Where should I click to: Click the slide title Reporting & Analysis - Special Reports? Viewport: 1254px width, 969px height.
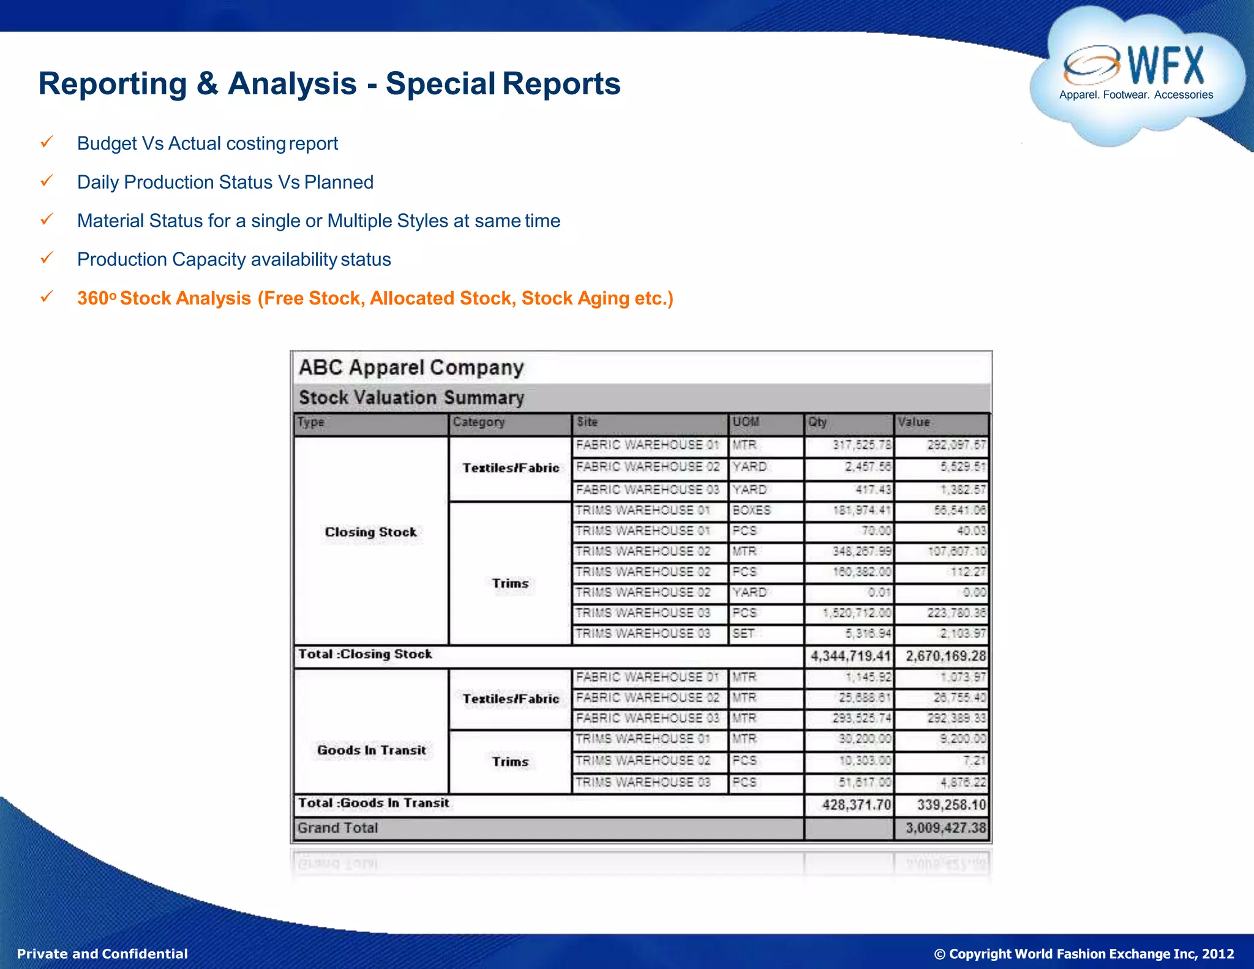(x=329, y=83)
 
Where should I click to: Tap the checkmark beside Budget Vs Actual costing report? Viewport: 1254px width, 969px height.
(x=47, y=143)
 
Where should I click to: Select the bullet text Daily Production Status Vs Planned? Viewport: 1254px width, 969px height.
(x=225, y=182)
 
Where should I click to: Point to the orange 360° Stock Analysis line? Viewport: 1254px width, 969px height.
(x=375, y=298)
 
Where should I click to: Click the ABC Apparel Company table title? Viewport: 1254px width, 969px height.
(x=411, y=368)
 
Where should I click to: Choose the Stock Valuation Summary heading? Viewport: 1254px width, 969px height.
(x=411, y=398)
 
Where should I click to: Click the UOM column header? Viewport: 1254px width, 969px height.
(x=746, y=422)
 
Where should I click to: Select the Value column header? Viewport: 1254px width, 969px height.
(x=914, y=422)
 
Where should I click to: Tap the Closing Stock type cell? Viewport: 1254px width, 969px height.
(x=370, y=532)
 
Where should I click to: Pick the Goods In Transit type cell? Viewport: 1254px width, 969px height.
(x=371, y=750)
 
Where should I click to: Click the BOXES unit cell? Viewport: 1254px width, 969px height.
(x=751, y=510)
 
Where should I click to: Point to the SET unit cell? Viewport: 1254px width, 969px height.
(x=743, y=633)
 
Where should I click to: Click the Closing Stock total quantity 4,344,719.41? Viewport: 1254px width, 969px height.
(x=850, y=656)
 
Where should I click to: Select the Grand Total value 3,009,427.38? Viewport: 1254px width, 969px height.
(x=945, y=828)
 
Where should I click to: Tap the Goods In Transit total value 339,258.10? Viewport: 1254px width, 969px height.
(x=951, y=804)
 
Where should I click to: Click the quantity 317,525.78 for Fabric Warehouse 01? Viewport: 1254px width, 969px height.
(x=862, y=445)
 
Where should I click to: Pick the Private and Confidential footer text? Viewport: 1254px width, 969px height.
(x=102, y=954)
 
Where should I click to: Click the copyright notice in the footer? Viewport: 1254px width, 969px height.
(x=1084, y=954)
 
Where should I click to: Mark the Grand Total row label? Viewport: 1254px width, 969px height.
(x=338, y=828)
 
